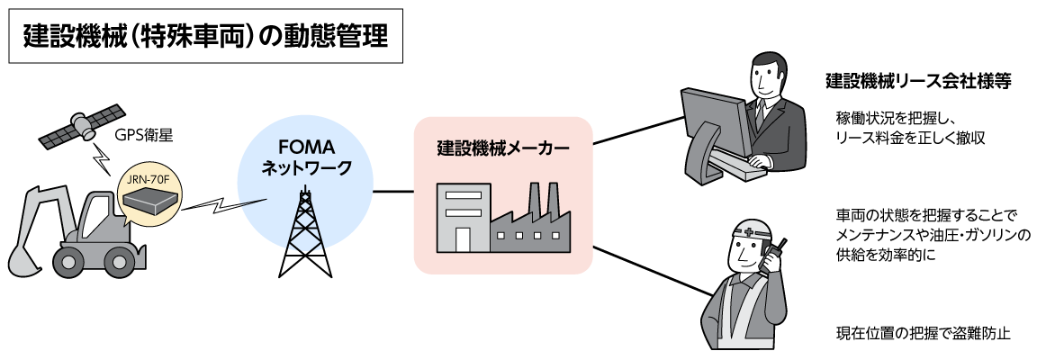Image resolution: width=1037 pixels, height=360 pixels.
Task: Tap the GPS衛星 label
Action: (x=143, y=136)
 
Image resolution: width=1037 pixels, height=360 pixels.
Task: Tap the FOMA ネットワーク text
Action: (x=305, y=157)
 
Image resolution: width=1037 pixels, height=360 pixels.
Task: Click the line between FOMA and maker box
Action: (x=393, y=191)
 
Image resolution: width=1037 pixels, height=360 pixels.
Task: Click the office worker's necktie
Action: (x=760, y=112)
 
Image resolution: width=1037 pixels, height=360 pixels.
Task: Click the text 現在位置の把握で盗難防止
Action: (x=924, y=333)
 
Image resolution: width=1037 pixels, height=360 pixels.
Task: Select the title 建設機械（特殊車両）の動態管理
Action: (x=205, y=38)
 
